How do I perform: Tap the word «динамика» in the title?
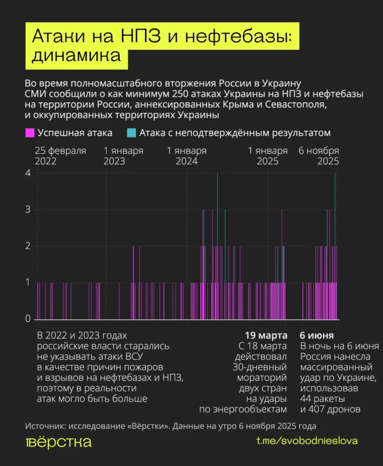click(77, 56)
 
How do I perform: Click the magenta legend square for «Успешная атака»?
click(30, 132)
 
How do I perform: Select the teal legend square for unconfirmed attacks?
click(131, 132)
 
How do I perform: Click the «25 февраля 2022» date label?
click(60, 156)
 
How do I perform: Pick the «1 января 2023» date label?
click(123, 156)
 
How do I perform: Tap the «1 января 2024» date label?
click(187, 156)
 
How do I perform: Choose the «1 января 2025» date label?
click(268, 156)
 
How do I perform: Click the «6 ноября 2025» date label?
click(319, 156)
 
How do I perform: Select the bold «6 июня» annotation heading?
click(317, 335)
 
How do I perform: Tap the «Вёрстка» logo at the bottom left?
click(59, 442)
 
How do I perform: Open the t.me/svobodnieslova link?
click(307, 441)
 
